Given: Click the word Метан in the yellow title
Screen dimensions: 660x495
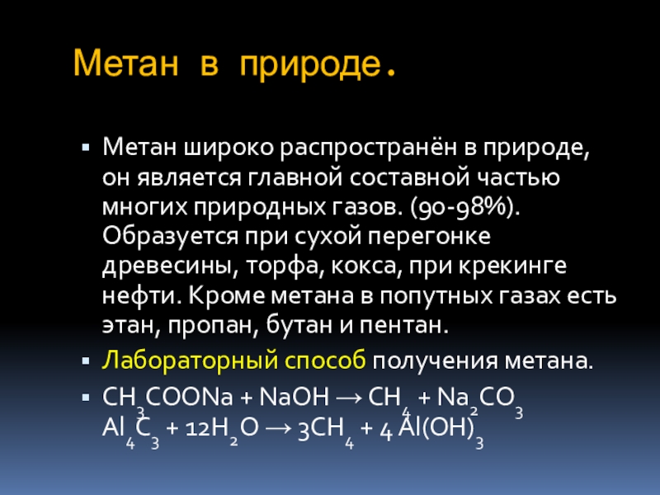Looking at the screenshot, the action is pos(126,64).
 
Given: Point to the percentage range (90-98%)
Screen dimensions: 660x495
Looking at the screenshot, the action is pos(465,207).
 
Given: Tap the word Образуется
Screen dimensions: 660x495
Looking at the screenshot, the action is pos(171,237).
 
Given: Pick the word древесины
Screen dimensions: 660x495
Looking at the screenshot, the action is pos(167,266).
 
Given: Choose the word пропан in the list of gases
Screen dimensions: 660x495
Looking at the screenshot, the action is pos(213,325).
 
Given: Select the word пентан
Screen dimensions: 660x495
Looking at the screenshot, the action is pos(403,325).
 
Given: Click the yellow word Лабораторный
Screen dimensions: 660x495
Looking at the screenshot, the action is pos(191,361).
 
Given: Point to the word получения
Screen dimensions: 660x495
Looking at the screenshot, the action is pos(435,361).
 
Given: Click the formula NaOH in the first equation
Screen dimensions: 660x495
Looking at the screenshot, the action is pos(295,397).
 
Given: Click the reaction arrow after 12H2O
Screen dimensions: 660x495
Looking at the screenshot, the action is pos(278,428).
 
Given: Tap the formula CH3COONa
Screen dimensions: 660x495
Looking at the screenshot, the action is pos(167,400).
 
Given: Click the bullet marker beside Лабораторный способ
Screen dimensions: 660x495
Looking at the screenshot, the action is pos(87,361).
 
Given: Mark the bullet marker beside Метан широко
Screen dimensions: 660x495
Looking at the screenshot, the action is pos(87,148).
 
